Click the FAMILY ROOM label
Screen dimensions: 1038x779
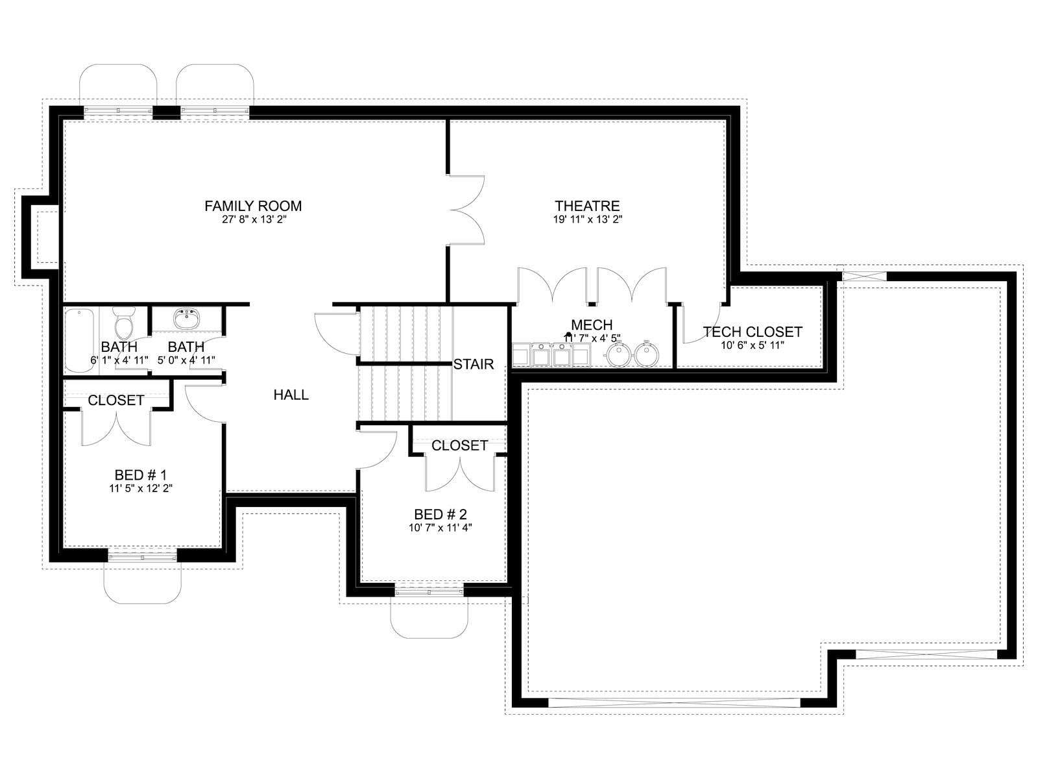pos(253,206)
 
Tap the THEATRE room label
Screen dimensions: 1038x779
pos(587,206)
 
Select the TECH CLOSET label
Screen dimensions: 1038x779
pos(753,332)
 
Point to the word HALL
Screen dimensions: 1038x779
pos(291,395)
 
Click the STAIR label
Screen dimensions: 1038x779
pos(474,364)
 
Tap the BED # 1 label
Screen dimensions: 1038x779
pos(140,475)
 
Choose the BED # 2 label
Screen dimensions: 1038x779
pos(441,514)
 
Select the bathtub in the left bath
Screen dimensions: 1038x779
pos(79,340)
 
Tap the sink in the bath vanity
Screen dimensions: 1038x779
pos(186,319)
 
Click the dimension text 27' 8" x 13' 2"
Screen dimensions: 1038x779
pos(254,219)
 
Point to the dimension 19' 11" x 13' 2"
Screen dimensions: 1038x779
pos(587,219)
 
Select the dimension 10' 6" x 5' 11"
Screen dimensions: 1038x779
pos(753,345)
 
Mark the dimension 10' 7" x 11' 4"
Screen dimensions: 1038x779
pos(441,527)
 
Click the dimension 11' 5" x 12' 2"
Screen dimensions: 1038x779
pos(140,488)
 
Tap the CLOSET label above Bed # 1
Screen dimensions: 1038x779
pos(116,401)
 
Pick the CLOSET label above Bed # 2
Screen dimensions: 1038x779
pos(459,445)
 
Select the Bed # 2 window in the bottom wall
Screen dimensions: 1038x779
pos(429,591)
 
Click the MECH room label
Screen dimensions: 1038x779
pos(592,325)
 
